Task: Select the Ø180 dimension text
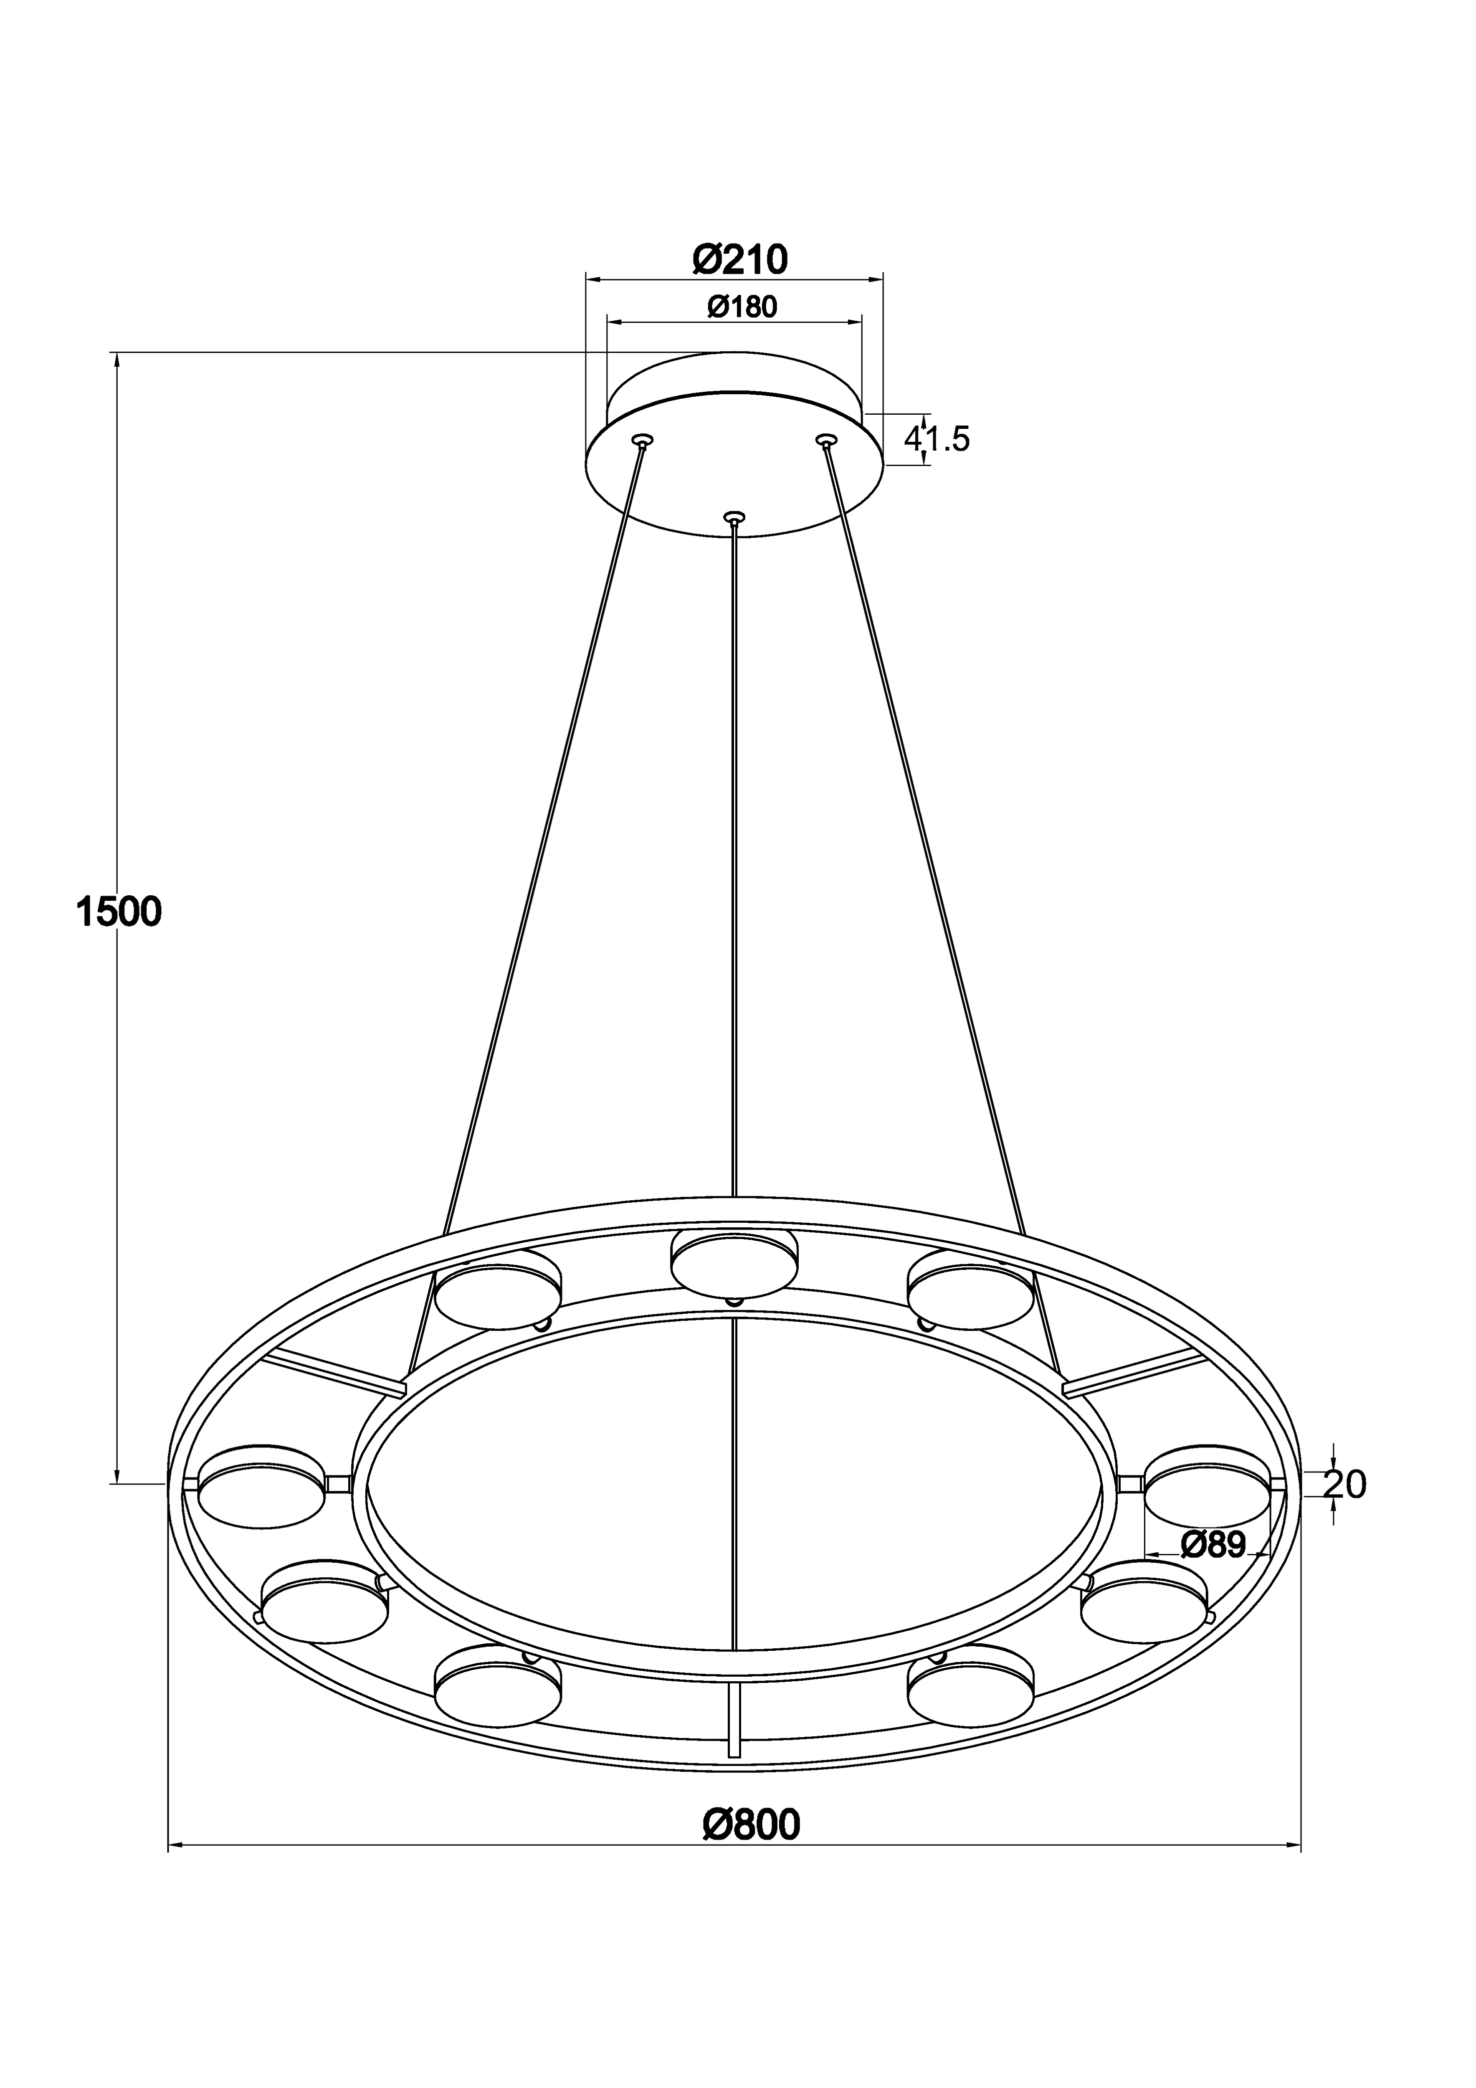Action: (x=742, y=307)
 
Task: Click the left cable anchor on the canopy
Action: (x=644, y=441)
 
